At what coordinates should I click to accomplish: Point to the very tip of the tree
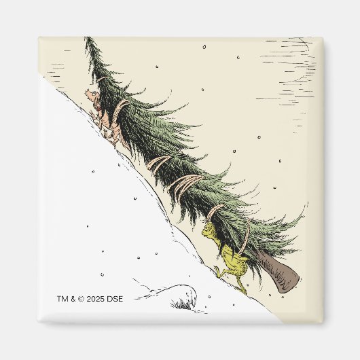coord(86,39)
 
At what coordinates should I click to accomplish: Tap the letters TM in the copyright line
coord(62,298)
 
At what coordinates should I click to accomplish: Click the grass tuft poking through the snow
coord(182,304)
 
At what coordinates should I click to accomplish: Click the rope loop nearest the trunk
coord(245,234)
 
